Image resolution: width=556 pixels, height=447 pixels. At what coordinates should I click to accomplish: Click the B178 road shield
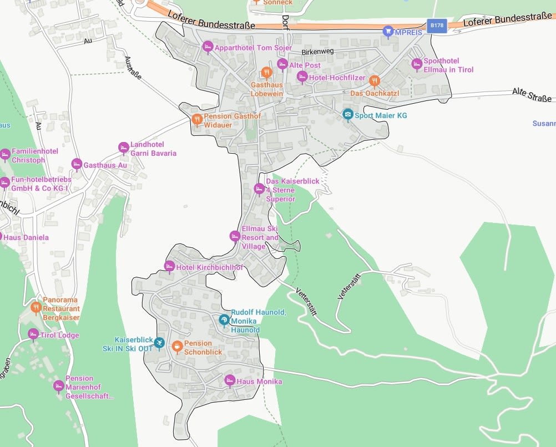tap(437, 26)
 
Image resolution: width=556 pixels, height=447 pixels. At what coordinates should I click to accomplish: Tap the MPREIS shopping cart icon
tap(388, 32)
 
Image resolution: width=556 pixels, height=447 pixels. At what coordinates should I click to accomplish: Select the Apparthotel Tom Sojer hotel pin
tap(208, 47)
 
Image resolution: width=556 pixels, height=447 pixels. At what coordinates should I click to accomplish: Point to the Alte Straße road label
tap(532, 95)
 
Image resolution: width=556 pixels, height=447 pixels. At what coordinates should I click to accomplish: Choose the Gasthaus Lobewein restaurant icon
tap(266, 73)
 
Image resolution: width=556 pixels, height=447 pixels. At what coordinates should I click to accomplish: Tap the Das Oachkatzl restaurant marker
tap(375, 81)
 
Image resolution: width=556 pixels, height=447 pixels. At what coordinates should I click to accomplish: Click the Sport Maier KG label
tap(381, 115)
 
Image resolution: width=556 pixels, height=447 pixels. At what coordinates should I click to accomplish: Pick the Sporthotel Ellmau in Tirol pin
tap(417, 64)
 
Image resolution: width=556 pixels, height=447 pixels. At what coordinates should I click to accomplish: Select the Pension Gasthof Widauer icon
tap(196, 120)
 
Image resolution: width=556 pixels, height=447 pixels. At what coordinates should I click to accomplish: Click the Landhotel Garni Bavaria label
tap(153, 149)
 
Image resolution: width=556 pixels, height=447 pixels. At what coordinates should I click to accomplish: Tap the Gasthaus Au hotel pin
tap(77, 164)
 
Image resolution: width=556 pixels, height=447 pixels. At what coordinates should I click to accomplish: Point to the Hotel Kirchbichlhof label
tap(210, 267)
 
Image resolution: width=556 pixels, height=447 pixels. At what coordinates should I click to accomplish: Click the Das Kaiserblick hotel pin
tap(259, 189)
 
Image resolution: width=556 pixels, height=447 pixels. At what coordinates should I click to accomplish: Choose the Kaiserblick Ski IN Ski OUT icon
tap(159, 343)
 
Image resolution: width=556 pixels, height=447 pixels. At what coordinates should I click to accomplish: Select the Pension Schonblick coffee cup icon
tap(177, 347)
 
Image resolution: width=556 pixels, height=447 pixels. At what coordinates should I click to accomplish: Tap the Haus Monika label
tap(259, 382)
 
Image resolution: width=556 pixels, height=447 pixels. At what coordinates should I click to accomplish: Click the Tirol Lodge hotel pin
tap(33, 334)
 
